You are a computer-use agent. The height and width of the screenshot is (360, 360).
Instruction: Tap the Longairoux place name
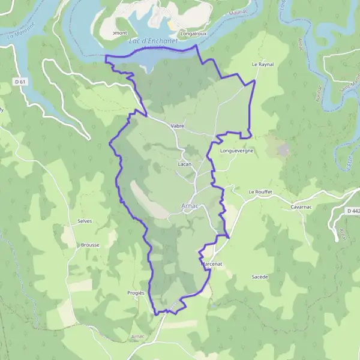pos(193,34)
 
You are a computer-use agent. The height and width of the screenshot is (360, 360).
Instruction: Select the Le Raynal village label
pos(262,63)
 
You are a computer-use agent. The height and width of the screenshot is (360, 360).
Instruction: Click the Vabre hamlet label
pos(177,126)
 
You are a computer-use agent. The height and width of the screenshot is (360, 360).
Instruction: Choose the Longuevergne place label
pos(237,151)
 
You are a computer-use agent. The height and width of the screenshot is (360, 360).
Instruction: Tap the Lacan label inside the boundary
pos(184,163)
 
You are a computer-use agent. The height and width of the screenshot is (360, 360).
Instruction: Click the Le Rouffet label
pos(260,191)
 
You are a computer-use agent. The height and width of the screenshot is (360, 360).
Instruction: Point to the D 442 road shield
pos(352,211)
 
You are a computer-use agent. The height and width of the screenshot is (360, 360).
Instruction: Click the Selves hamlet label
pos(84,221)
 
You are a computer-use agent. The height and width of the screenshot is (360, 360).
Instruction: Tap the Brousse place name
pos(89,245)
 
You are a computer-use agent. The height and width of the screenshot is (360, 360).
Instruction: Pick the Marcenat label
pos(211,263)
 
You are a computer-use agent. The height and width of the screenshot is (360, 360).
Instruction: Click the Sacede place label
pos(260,277)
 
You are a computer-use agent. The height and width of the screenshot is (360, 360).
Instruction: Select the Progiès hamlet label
pos(136,292)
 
